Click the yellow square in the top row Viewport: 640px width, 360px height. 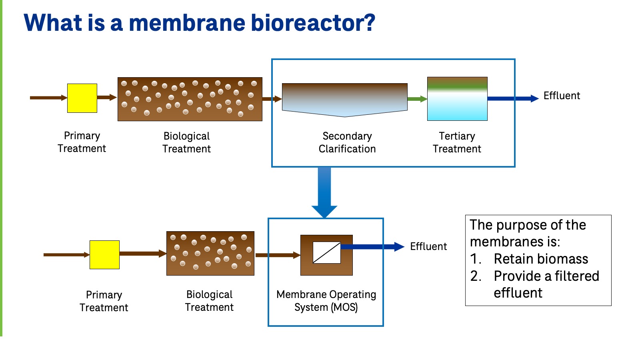[x=82, y=98]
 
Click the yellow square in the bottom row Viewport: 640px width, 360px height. [x=104, y=255]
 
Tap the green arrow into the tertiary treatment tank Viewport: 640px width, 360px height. [x=417, y=99]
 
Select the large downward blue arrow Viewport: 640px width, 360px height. [x=324, y=192]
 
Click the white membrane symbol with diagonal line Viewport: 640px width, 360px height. [x=326, y=252]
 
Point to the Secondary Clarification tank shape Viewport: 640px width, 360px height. [x=344, y=99]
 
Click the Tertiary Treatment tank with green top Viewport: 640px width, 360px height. [x=457, y=99]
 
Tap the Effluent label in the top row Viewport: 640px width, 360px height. [x=562, y=96]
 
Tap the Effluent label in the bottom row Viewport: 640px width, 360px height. [x=428, y=247]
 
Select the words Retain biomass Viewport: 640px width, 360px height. [x=541, y=259]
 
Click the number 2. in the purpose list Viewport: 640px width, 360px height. [x=476, y=276]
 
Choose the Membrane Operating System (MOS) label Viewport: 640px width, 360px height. [x=326, y=301]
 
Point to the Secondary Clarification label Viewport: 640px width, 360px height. [x=347, y=142]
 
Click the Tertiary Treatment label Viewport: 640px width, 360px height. [x=457, y=142]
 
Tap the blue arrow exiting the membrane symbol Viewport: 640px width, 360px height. [x=372, y=247]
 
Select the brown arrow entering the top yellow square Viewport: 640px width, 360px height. [x=48, y=98]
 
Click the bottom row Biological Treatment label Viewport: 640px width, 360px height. [x=209, y=301]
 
